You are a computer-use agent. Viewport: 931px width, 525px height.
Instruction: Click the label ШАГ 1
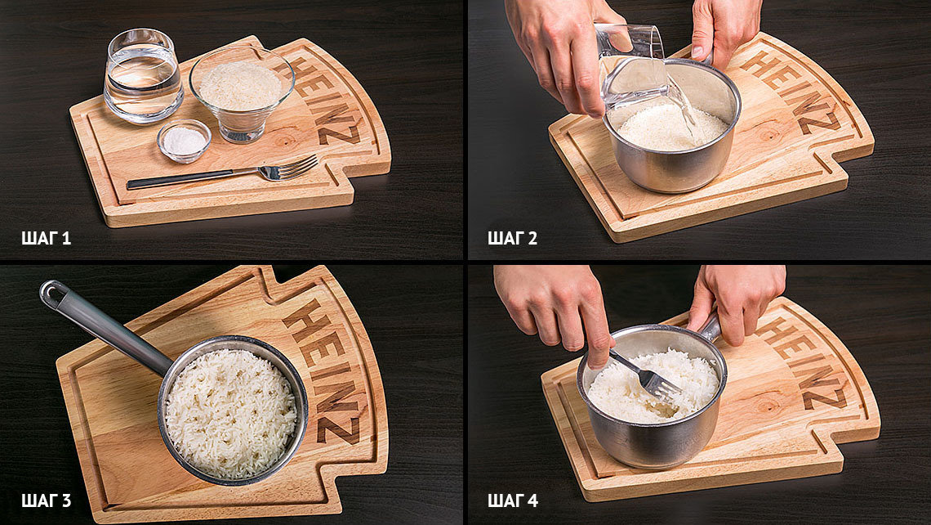(47, 239)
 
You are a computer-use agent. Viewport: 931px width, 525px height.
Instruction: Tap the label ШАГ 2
(512, 239)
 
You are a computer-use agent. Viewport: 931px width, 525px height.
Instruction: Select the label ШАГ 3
(47, 500)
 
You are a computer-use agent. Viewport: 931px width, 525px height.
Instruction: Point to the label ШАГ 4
(513, 500)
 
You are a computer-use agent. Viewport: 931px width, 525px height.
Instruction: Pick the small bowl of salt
(184, 141)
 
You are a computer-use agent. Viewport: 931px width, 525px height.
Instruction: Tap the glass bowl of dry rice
(242, 94)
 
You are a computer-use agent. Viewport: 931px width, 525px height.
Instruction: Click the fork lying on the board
(223, 173)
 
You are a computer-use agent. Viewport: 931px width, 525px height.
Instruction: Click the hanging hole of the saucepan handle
(51, 291)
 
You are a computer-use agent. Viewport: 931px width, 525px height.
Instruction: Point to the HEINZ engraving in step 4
(802, 363)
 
